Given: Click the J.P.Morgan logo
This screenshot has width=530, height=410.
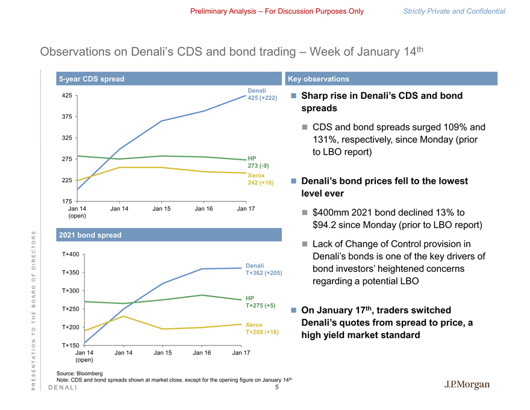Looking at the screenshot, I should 467,385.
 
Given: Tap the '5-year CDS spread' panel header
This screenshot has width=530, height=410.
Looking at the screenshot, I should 91,79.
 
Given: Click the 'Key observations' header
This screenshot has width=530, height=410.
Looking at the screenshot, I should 319,79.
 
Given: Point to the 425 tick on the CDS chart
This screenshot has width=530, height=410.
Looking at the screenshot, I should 67,95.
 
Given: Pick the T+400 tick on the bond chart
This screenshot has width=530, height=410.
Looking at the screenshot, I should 70,254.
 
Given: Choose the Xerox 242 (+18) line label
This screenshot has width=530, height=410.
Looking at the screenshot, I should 260,179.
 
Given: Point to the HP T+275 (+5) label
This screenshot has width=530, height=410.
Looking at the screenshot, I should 261,302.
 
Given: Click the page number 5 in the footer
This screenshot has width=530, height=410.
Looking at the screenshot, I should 276,388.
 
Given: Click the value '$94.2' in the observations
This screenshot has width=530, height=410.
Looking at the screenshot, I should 326,225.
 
